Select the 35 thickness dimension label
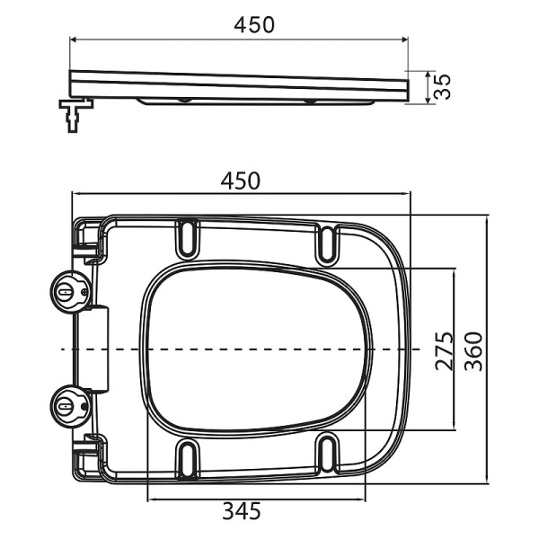[x=441, y=86]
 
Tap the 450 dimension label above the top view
[x=241, y=180]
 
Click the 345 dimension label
[x=241, y=512]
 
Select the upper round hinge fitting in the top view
[x=68, y=291]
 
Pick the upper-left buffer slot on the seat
[x=189, y=238]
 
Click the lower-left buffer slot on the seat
[x=189, y=457]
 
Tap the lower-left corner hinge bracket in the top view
[x=86, y=458]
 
